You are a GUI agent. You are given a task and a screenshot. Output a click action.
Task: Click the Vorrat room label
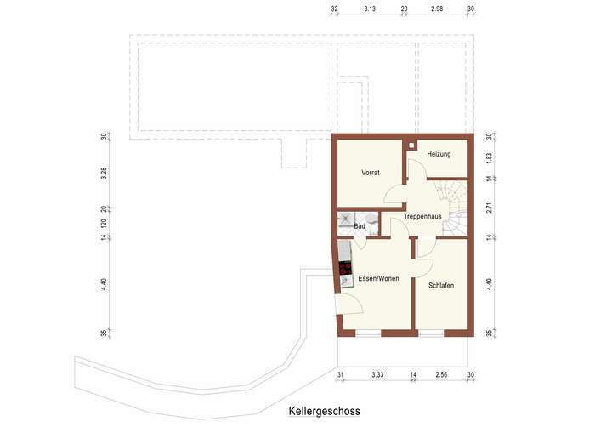click(370, 173)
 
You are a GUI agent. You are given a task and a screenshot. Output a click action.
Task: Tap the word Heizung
click(439, 154)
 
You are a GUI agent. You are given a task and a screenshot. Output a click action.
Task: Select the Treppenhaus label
click(422, 217)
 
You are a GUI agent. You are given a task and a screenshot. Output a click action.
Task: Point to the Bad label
click(360, 226)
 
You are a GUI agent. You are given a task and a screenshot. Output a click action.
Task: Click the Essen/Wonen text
click(378, 279)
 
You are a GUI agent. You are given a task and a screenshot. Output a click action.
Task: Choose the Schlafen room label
click(441, 285)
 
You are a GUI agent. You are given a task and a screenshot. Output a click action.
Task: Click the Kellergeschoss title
click(324, 411)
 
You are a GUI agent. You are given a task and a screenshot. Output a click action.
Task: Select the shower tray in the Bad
click(347, 219)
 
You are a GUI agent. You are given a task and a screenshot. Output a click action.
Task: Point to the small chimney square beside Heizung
click(412, 145)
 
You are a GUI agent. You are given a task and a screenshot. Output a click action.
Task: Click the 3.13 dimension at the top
click(369, 9)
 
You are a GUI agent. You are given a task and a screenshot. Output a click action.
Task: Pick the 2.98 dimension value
click(437, 9)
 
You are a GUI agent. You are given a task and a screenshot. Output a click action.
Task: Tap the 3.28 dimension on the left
click(104, 174)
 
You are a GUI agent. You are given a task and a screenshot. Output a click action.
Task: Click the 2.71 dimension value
click(489, 207)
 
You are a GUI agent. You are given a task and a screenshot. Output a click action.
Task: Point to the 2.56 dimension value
click(441, 374)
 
